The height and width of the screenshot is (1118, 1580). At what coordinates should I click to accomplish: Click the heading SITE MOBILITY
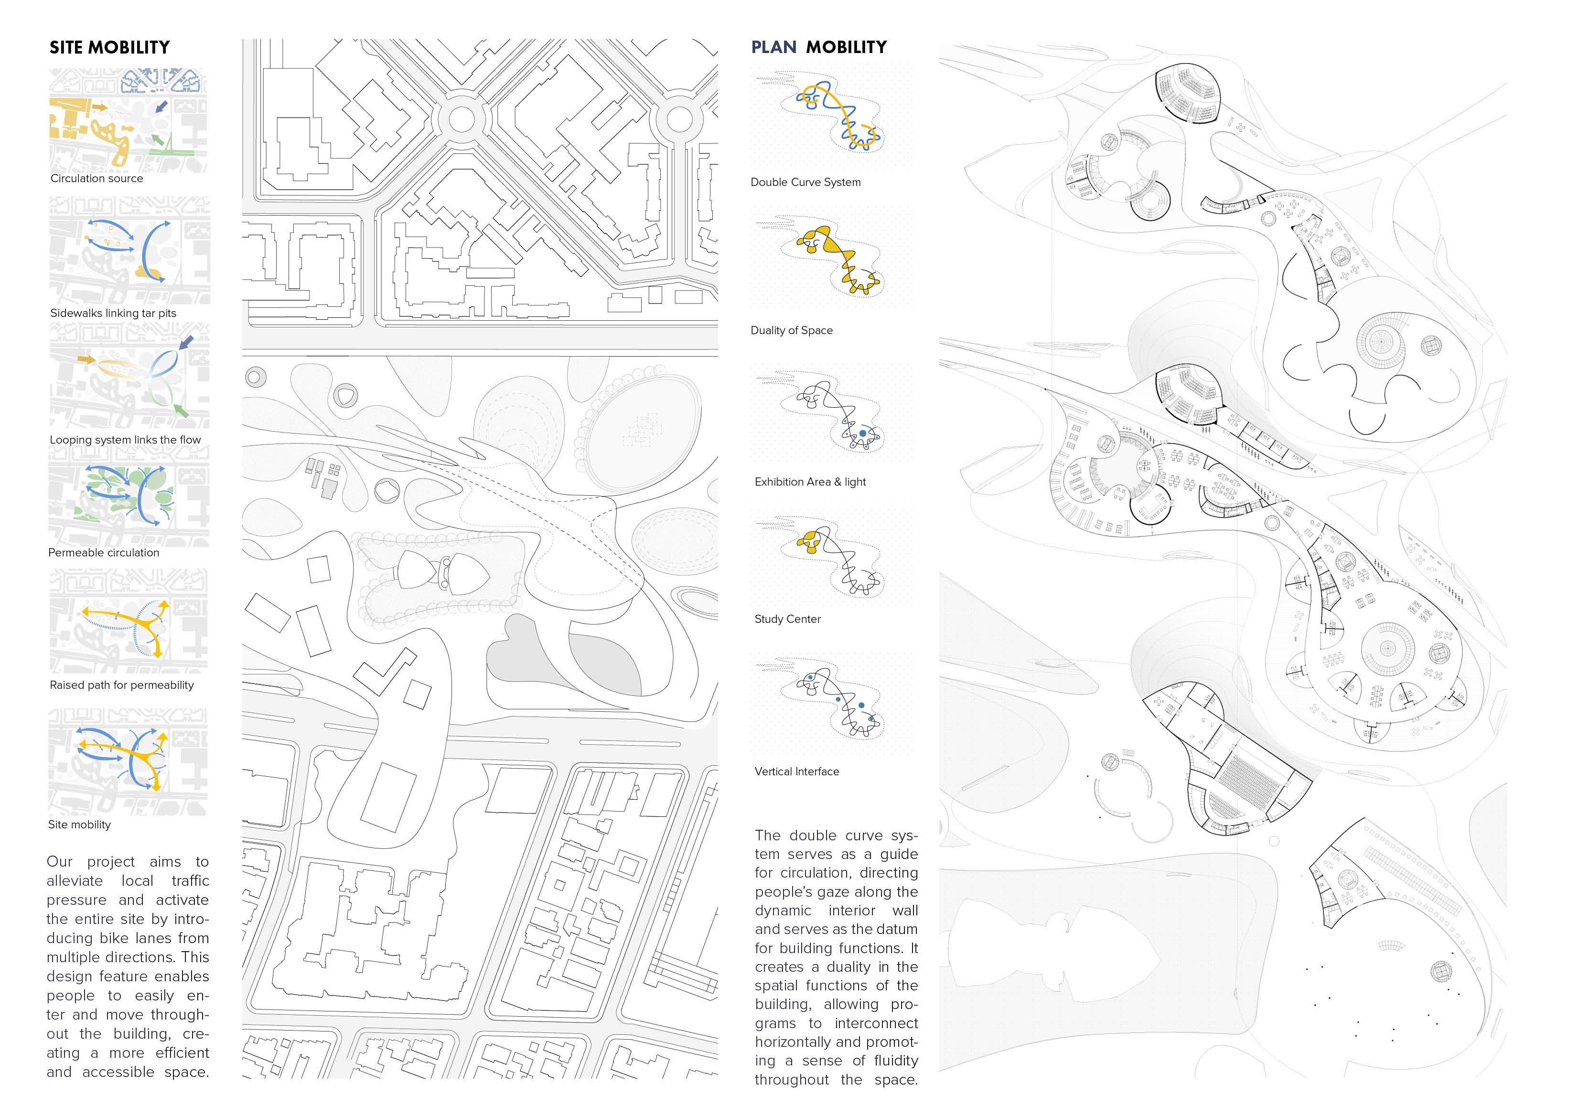point(109,47)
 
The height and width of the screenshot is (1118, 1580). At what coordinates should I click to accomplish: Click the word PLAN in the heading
point(774,47)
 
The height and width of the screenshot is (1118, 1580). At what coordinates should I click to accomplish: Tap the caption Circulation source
point(97,178)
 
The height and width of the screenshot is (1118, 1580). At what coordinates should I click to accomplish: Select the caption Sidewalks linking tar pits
point(113,313)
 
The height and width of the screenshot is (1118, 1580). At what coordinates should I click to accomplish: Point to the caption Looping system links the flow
point(125,440)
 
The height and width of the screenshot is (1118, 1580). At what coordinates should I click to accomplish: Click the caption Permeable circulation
point(103,553)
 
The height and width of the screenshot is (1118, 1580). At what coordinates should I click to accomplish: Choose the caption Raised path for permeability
point(122,685)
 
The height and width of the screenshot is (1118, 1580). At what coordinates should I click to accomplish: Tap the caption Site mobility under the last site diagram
point(79,825)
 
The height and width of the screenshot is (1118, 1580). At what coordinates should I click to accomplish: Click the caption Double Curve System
point(805,183)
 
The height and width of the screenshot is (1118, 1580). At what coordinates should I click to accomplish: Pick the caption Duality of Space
point(791,330)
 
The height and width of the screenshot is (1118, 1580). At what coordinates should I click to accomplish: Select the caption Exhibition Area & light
point(810,482)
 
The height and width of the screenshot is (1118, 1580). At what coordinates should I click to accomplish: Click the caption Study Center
point(787,619)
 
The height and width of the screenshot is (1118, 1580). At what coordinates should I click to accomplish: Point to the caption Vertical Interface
point(796,772)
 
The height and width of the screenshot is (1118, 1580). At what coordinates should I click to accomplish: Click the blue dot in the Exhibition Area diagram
point(863,434)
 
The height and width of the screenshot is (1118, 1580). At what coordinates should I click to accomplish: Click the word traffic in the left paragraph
point(190,880)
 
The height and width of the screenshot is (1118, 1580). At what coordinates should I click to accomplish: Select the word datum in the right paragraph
point(897,929)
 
